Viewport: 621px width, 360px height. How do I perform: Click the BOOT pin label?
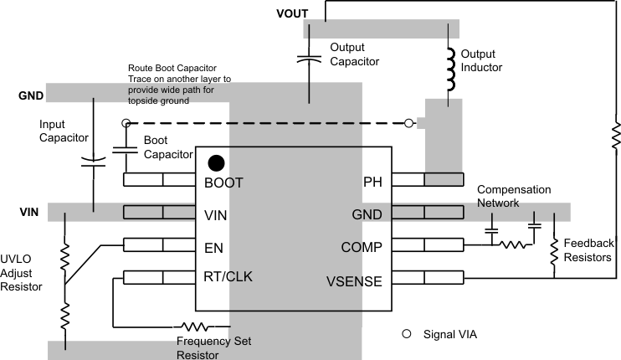point(223,182)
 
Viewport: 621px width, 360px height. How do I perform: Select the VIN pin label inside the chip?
point(217,214)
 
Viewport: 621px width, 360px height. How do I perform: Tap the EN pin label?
point(213,247)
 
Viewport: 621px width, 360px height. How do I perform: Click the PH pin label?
point(372,182)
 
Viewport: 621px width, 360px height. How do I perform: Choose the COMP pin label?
point(362,247)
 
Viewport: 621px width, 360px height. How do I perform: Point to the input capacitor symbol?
point(93,161)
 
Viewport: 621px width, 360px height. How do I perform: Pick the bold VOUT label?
point(291,13)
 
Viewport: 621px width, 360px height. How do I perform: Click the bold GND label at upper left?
point(31,95)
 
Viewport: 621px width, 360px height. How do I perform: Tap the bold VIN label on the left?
point(29,213)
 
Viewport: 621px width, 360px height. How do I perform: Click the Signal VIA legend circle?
point(408,334)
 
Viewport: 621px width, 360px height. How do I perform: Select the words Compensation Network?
point(514,196)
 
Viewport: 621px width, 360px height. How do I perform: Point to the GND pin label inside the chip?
point(367,214)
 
